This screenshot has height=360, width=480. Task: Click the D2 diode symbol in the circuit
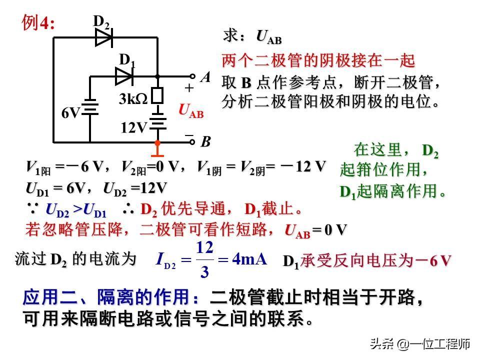(103, 37)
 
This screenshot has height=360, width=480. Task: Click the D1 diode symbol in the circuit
(123, 76)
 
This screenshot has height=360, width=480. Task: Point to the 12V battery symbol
(157, 122)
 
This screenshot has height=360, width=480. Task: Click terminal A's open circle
(192, 77)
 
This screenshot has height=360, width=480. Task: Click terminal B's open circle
(192, 142)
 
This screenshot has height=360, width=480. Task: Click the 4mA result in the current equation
(249, 259)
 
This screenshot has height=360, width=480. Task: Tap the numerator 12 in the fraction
(205, 248)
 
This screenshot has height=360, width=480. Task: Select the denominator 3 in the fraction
(204, 272)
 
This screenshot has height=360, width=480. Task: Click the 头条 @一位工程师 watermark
(419, 344)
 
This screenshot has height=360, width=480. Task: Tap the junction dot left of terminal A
(157, 77)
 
